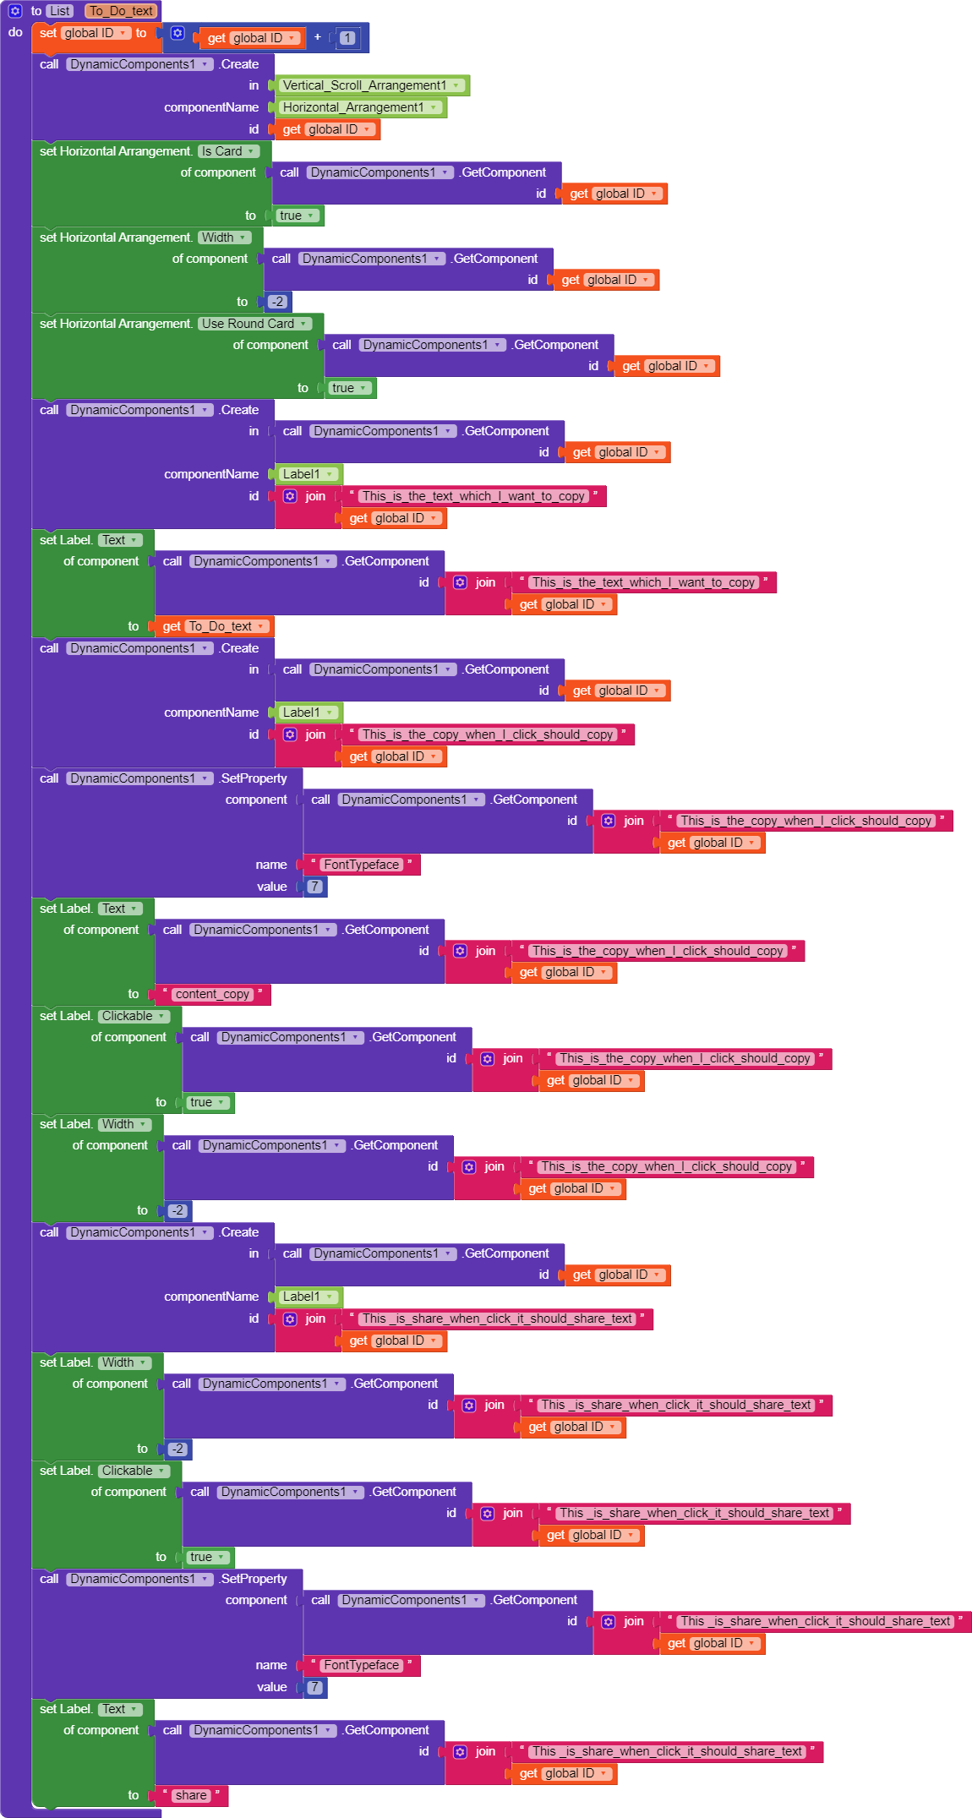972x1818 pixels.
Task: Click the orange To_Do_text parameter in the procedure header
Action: pyautogui.click(x=122, y=11)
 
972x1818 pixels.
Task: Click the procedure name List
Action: pyautogui.click(x=60, y=11)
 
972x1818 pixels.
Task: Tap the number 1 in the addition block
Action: pyautogui.click(x=347, y=37)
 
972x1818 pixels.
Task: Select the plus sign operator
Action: pyautogui.click(x=318, y=37)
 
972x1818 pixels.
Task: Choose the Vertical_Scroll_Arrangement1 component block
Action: pyautogui.click(x=364, y=85)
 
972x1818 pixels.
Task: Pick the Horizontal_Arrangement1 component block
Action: pyautogui.click(x=353, y=107)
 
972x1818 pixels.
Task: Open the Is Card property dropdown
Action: pyautogui.click(x=251, y=151)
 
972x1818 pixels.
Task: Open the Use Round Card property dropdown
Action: pyautogui.click(x=303, y=324)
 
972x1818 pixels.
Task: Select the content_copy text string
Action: pyautogui.click(x=212, y=994)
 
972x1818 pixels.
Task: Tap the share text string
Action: pyautogui.click(x=190, y=1795)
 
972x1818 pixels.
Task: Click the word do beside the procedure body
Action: pyautogui.click(x=15, y=32)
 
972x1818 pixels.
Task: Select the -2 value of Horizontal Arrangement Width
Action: pyautogui.click(x=277, y=302)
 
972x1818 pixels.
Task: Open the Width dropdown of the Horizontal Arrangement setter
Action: pyautogui.click(x=243, y=237)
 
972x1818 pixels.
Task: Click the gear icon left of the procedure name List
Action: pyautogui.click(x=15, y=11)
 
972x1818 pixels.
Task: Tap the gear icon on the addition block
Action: pyautogui.click(x=177, y=33)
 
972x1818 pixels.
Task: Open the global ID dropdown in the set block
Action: pyautogui.click(x=123, y=33)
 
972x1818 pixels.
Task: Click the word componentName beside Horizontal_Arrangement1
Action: pyautogui.click(x=211, y=107)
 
